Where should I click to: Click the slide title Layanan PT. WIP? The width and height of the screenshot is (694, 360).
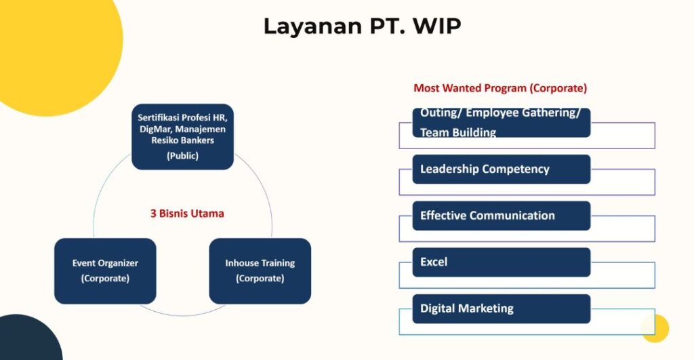click(x=362, y=26)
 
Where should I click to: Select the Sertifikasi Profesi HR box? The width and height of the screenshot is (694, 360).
click(x=182, y=136)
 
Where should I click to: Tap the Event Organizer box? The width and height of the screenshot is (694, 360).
click(x=105, y=271)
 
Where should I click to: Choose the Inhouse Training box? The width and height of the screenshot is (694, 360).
click(x=260, y=271)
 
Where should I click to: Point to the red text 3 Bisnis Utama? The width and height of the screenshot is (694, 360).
click(x=187, y=214)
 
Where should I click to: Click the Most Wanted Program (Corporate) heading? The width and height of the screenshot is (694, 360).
click(x=500, y=88)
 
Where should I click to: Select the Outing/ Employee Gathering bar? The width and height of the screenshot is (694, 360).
click(x=502, y=123)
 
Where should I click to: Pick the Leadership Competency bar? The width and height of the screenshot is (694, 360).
click(x=502, y=169)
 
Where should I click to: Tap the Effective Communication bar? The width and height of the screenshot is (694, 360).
click(x=502, y=216)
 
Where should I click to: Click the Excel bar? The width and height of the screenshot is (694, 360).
click(x=502, y=262)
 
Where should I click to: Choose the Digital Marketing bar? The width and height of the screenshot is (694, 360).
click(x=502, y=308)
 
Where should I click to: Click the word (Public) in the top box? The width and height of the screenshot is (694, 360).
click(x=182, y=155)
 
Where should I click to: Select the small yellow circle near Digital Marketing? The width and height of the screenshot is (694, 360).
click(x=655, y=328)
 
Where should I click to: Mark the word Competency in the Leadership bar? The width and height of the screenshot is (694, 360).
click(x=518, y=169)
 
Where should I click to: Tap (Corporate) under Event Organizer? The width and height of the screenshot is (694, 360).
click(x=105, y=279)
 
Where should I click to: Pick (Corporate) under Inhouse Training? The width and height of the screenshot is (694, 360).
click(x=260, y=279)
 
